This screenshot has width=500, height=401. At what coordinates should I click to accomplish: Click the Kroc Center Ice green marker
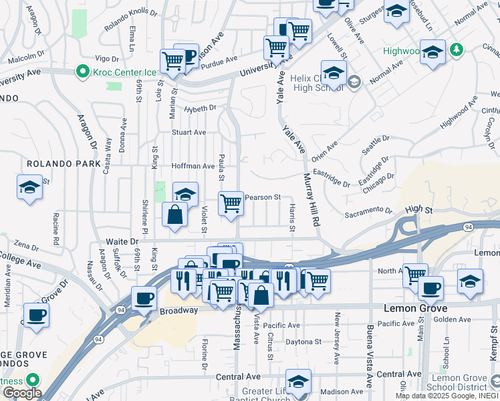click(83, 70)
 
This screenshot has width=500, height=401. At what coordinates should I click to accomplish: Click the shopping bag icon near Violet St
click(174, 215)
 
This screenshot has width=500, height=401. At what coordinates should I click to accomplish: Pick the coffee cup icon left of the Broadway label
click(144, 298)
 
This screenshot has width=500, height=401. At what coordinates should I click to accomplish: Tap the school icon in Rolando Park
click(29, 188)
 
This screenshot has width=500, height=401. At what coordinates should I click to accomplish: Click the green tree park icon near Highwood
click(457, 49)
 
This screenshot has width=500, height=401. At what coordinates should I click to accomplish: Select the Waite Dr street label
click(121, 241)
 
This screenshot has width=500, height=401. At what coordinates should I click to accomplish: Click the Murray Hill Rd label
click(311, 200)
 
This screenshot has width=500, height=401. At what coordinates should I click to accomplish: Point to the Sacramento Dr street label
click(368, 212)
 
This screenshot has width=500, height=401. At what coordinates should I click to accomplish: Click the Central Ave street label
click(238, 377)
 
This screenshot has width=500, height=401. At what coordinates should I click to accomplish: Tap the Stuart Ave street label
click(189, 132)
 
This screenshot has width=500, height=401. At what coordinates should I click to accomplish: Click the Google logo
click(22, 394)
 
